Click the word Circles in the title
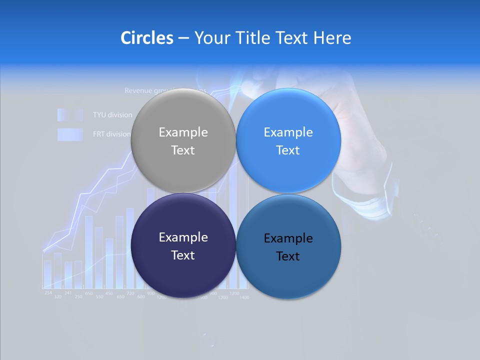tap(146, 37)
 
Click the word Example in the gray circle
tap(183, 132)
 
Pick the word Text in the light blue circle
tap(288, 150)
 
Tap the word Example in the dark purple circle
tap(183, 237)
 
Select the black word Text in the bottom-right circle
tap(288, 256)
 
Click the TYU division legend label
tap(112, 115)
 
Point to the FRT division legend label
tap(111, 134)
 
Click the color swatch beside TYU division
tap(69, 115)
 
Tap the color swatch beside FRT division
tap(69, 134)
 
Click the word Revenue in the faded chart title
tap(138, 91)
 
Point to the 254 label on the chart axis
tap(48, 292)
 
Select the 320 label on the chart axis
tap(58, 297)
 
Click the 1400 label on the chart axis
tap(243, 297)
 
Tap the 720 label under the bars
tap(130, 293)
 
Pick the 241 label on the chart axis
tap(68, 293)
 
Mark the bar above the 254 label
tap(47, 273)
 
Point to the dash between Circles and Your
tap(183, 38)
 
